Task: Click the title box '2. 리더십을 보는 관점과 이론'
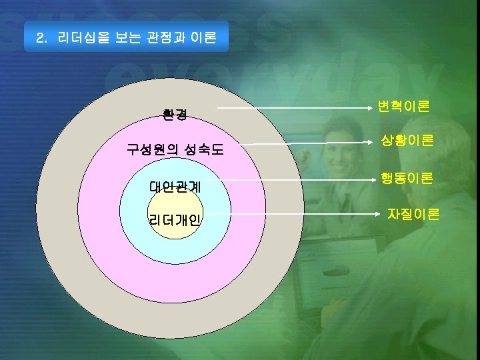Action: [x=126, y=37]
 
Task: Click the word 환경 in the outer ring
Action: [x=175, y=115]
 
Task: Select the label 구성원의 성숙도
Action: [x=175, y=150]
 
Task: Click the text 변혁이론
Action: [x=403, y=106]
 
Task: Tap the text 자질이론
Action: [x=413, y=214]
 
